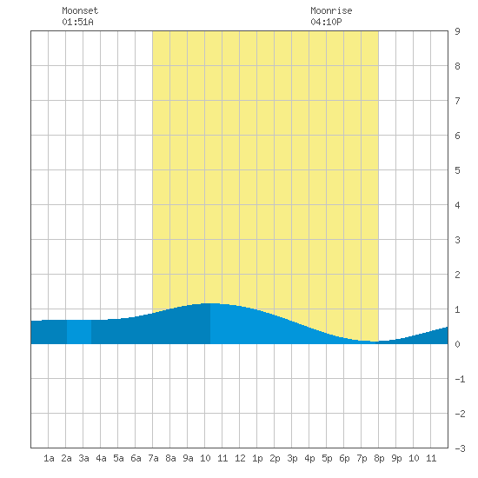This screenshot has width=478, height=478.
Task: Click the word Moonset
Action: (80, 10)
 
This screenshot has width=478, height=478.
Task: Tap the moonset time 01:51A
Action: (77, 22)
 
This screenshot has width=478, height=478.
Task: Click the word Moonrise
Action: (331, 10)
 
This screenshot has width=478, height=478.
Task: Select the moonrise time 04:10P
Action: (326, 22)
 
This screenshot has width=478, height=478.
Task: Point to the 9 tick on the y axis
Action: (457, 31)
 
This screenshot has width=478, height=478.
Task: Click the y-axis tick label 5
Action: (457, 170)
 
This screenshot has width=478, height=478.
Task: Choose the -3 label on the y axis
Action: (460, 448)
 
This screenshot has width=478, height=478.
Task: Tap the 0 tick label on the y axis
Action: (457, 344)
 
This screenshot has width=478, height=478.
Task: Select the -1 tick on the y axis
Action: (460, 379)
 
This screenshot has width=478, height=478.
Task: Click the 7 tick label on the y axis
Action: (457, 101)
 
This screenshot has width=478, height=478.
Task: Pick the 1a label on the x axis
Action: (49, 458)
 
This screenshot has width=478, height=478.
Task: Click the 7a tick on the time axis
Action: (153, 458)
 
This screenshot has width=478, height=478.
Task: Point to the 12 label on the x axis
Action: (240, 458)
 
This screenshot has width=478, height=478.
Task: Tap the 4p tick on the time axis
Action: (309, 458)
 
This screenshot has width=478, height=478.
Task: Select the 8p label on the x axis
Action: (379, 458)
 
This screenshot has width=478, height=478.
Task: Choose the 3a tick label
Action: (83, 458)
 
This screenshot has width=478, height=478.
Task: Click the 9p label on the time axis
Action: (396, 458)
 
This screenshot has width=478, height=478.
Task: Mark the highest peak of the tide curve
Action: (211, 303)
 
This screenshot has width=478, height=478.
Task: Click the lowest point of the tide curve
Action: (375, 342)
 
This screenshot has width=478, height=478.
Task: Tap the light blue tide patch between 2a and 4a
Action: (79, 332)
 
